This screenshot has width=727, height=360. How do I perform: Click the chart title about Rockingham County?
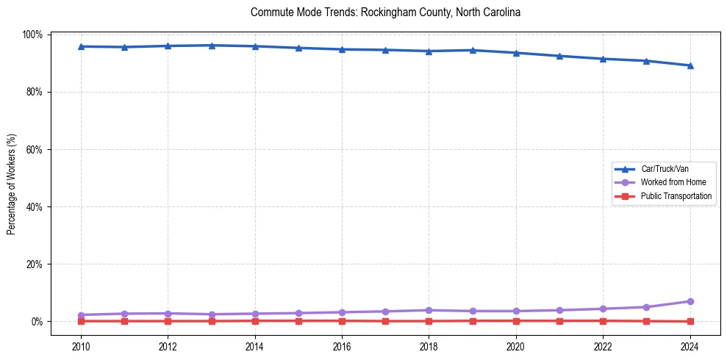[385, 12]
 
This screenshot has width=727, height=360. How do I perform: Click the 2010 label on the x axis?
[81, 347]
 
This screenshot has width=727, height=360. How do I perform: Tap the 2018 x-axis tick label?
[429, 347]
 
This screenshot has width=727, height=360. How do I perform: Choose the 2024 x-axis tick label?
[690, 347]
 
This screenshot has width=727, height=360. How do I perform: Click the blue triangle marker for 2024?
[690, 65]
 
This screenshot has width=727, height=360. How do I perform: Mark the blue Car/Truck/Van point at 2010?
[81, 46]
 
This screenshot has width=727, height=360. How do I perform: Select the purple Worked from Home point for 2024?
[690, 301]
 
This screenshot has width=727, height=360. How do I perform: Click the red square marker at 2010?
[81, 321]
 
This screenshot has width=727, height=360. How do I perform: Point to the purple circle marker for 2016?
[342, 312]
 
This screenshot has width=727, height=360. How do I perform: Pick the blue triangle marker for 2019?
[472, 50]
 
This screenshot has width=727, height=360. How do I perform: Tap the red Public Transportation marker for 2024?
[690, 321]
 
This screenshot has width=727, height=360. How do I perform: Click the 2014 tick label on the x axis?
[255, 347]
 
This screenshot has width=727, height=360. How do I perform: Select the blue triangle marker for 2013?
[212, 46]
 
